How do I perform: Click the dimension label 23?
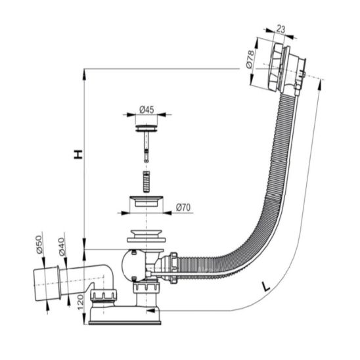[281, 29]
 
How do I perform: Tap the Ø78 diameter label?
[250, 59]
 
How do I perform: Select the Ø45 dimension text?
[146, 110]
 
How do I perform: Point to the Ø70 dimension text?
[183, 208]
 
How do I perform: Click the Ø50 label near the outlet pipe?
[39, 244]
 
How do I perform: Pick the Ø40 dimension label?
[62, 247]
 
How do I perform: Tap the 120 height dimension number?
[80, 302]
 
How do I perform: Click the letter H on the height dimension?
[78, 154]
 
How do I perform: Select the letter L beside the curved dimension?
[266, 286]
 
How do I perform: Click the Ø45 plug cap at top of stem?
[146, 128]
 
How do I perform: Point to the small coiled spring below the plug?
[146, 181]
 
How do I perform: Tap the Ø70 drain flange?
[146, 201]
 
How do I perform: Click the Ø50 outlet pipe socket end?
[47, 283]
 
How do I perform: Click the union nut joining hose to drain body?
[173, 268]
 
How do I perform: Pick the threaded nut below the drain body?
[146, 288]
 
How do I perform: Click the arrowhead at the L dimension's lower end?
[150, 311]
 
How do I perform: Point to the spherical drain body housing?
[133, 265]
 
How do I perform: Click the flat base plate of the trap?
[125, 323]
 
